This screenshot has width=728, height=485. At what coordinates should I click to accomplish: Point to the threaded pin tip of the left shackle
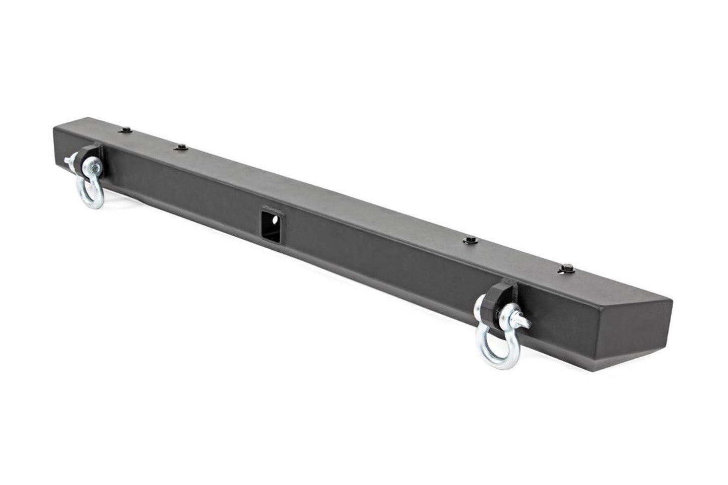click(x=67, y=161)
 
